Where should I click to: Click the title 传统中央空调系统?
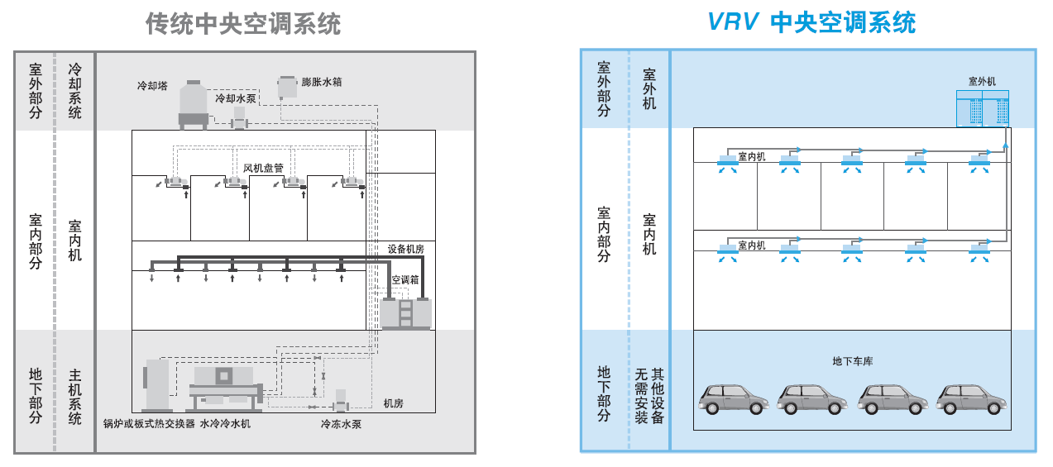pyautogui.click(x=243, y=24)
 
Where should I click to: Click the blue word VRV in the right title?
pyautogui.click(x=732, y=22)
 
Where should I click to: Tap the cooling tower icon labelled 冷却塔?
pyautogui.click(x=194, y=104)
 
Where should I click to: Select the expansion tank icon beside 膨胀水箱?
pyautogui.click(x=287, y=86)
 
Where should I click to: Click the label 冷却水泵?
pyautogui.click(x=235, y=98)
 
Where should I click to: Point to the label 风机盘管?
pyautogui.click(x=263, y=168)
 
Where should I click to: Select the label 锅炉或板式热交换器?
pyautogui.click(x=149, y=424)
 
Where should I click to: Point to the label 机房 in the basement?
pyautogui.click(x=393, y=403)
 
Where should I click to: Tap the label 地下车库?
pyautogui.click(x=852, y=361)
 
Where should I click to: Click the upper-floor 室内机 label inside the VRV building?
pyautogui.click(x=752, y=156)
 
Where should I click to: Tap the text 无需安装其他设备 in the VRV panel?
pyautogui.click(x=649, y=396)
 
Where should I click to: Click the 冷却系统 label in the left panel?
pyautogui.click(x=75, y=91)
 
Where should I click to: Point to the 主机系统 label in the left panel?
pyautogui.click(x=75, y=396)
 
